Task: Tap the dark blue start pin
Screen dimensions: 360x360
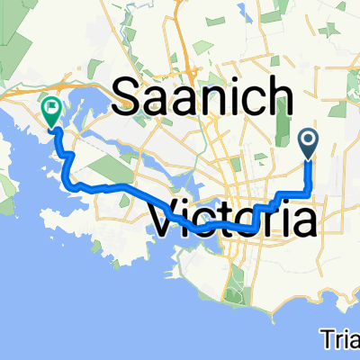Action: tap(309, 141)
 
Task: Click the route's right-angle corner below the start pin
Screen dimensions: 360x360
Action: tap(310, 193)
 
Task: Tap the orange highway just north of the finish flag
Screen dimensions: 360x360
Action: tap(54, 86)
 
